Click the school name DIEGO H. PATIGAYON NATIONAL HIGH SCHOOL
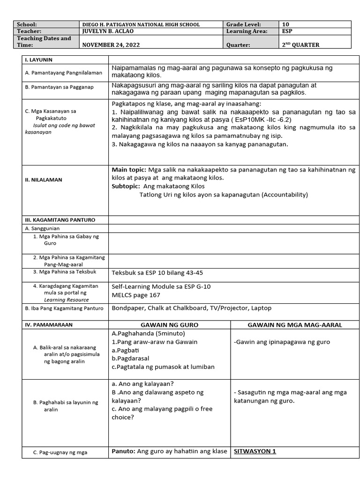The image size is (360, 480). (141, 25)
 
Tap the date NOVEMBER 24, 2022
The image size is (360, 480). (111, 45)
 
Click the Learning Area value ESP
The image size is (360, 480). (287, 31)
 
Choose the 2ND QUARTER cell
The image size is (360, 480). (300, 45)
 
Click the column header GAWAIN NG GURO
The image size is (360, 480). (169, 325)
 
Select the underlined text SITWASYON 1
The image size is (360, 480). (253, 452)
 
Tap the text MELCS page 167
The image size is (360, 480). (135, 295)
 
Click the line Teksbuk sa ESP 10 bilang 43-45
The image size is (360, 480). (157, 273)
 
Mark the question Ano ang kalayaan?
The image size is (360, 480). (146, 384)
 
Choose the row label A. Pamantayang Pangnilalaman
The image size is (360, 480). (64, 73)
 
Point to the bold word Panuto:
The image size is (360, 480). (123, 452)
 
